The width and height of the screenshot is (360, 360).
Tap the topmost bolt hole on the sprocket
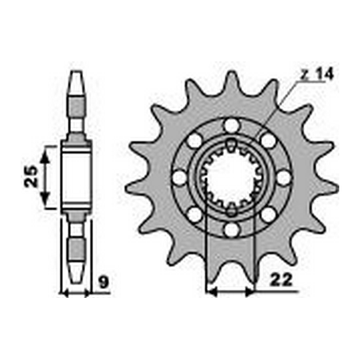coord(231,126)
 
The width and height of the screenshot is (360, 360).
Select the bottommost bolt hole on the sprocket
coord(231,229)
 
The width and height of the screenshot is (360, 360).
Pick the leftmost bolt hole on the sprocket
coord(179,178)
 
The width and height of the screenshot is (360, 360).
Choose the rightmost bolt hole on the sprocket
coord(283,178)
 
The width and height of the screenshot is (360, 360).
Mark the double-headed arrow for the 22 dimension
coord(230,292)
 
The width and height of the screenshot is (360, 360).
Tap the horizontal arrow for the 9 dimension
coord(76,292)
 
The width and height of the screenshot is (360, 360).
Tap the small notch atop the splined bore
coord(231,144)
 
